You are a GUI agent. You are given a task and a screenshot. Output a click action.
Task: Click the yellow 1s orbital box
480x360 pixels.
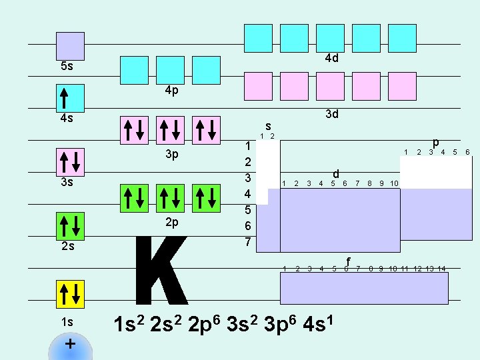[x=70, y=294]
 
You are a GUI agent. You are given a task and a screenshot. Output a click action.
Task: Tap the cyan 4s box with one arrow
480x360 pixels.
[x=70, y=98]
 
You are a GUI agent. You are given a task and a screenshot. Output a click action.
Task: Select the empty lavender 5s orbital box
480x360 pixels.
[x=70, y=46]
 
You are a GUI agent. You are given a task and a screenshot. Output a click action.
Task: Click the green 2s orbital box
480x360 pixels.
[x=70, y=226]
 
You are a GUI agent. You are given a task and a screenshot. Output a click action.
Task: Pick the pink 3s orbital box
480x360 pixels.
[x=70, y=162]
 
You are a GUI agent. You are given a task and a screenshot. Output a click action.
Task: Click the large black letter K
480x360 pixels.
[x=161, y=270]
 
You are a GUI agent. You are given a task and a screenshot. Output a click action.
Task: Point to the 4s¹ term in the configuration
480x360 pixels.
[x=318, y=323]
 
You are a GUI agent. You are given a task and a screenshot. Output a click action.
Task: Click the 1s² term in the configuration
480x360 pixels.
[x=129, y=323]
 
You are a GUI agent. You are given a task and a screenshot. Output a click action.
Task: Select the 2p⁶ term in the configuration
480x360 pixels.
[x=204, y=325]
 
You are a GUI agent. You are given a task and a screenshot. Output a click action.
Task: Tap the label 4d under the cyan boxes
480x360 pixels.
[x=332, y=58]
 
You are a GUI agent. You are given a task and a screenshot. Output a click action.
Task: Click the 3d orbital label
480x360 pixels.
[x=332, y=114]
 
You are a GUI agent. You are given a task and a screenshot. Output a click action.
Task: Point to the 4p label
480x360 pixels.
[x=172, y=91]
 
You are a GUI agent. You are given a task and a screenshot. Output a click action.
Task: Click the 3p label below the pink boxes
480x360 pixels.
[x=172, y=154]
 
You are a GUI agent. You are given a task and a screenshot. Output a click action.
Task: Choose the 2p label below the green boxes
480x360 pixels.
[x=172, y=223]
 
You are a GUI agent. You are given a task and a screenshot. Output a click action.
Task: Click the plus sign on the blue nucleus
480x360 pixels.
[x=70, y=344]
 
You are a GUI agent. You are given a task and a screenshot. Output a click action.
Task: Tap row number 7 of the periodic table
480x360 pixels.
[x=248, y=242]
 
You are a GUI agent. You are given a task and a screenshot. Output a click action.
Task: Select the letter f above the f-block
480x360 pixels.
[x=348, y=262]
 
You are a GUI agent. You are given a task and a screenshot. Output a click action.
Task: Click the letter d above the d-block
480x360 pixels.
[x=336, y=174]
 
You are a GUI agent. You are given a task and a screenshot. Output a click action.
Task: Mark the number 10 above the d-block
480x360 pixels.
[x=394, y=183]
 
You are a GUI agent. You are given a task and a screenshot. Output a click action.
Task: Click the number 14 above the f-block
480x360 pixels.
[x=441, y=269]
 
